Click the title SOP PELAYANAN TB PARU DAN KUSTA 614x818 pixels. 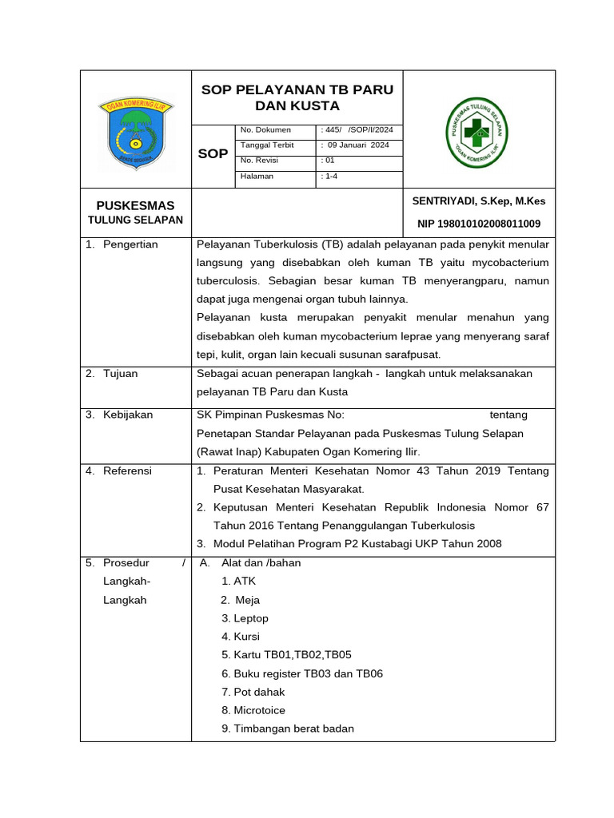click(297, 97)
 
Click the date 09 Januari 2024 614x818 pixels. click(357, 145)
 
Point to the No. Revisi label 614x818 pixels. click(257, 161)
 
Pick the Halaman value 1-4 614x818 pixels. click(329, 176)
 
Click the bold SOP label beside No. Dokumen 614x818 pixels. click(213, 153)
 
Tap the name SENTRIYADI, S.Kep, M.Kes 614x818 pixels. click(478, 201)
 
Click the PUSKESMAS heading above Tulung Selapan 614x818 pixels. click(135, 205)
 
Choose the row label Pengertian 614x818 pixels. click(130, 244)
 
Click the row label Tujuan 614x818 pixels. click(120, 374)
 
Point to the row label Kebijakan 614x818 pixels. click(128, 415)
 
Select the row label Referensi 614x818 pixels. click(127, 471)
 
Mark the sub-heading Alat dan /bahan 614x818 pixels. click(261, 562)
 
